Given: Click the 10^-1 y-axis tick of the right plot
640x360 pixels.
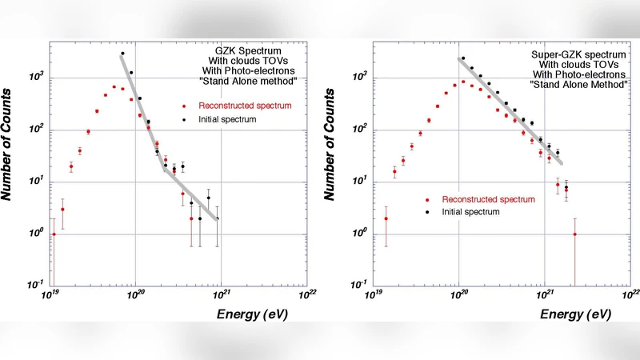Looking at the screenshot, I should (362, 285).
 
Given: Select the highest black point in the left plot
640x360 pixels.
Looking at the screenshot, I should (122, 54).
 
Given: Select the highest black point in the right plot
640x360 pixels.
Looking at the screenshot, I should (463, 58).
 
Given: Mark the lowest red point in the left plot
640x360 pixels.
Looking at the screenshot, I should (54, 234).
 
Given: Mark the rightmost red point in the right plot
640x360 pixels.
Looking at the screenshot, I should (574, 234).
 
